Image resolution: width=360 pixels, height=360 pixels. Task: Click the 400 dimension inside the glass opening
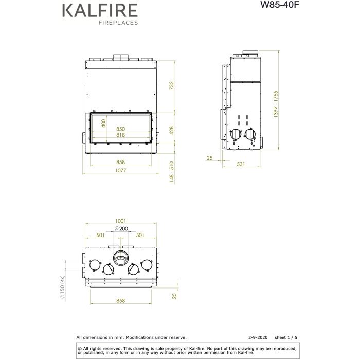103,123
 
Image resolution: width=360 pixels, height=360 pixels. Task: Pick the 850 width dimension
121,129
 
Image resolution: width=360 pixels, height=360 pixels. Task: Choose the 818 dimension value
121,135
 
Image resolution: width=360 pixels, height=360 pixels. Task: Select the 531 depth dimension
240,165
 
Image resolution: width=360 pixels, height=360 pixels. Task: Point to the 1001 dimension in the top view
121,221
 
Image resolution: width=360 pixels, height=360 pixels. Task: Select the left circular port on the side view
235,134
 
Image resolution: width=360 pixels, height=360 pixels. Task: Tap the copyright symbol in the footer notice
79,347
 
